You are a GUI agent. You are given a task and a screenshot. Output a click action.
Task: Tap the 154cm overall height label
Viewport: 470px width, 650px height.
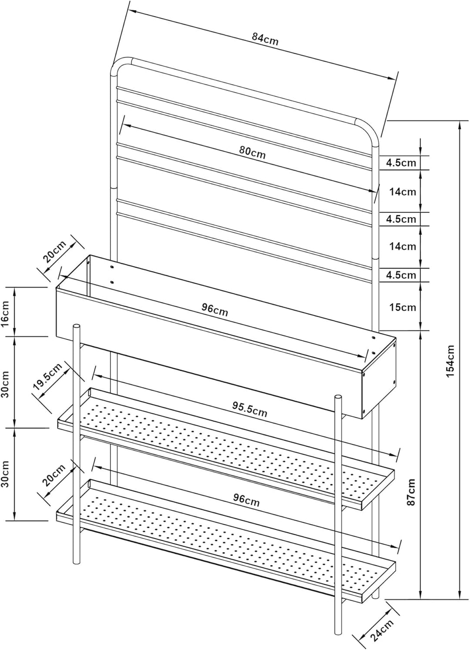point(450,361)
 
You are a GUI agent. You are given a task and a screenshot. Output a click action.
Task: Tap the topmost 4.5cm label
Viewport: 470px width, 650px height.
point(401,163)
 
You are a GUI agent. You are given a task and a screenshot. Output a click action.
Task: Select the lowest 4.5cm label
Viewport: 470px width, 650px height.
point(401,275)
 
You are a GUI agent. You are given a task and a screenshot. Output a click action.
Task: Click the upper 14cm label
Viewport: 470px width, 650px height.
point(403,192)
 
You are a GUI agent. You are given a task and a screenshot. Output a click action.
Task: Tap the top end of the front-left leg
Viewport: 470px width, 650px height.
point(76,326)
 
